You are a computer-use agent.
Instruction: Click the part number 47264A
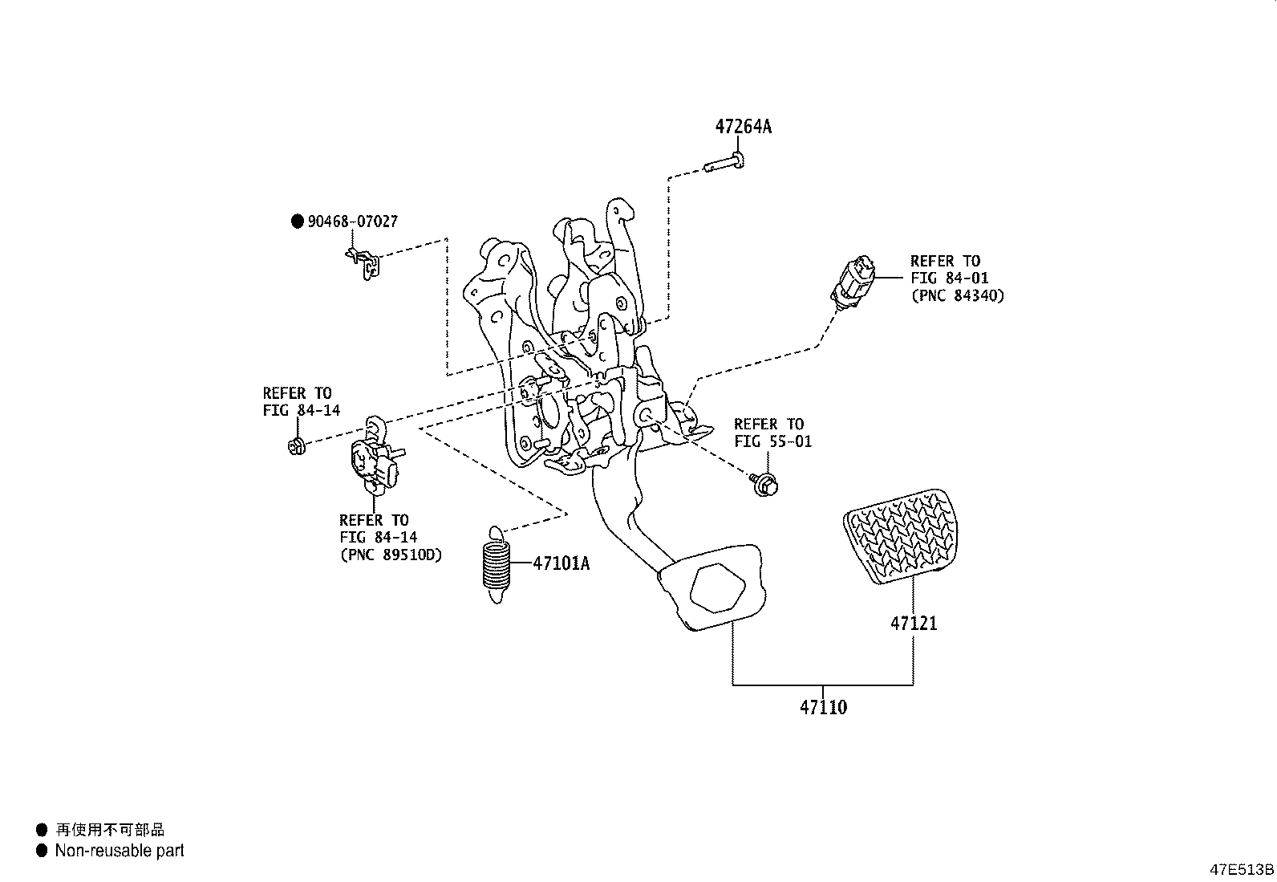(743, 127)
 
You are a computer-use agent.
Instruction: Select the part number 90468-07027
(352, 222)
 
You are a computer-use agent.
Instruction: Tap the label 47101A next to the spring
(561, 563)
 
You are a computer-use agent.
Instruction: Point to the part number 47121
(913, 624)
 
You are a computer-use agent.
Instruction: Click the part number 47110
(823, 708)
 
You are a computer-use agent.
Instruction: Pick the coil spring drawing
(496, 566)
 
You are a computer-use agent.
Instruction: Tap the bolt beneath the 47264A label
(725, 165)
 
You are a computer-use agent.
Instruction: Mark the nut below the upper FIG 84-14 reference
(295, 445)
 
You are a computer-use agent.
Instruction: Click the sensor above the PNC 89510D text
(375, 459)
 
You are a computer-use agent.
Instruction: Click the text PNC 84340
(957, 295)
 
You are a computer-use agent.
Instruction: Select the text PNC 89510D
(391, 555)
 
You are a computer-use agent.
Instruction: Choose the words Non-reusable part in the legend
(120, 851)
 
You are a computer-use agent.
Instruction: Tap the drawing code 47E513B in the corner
(1241, 870)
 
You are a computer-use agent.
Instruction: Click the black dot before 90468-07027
(297, 222)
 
